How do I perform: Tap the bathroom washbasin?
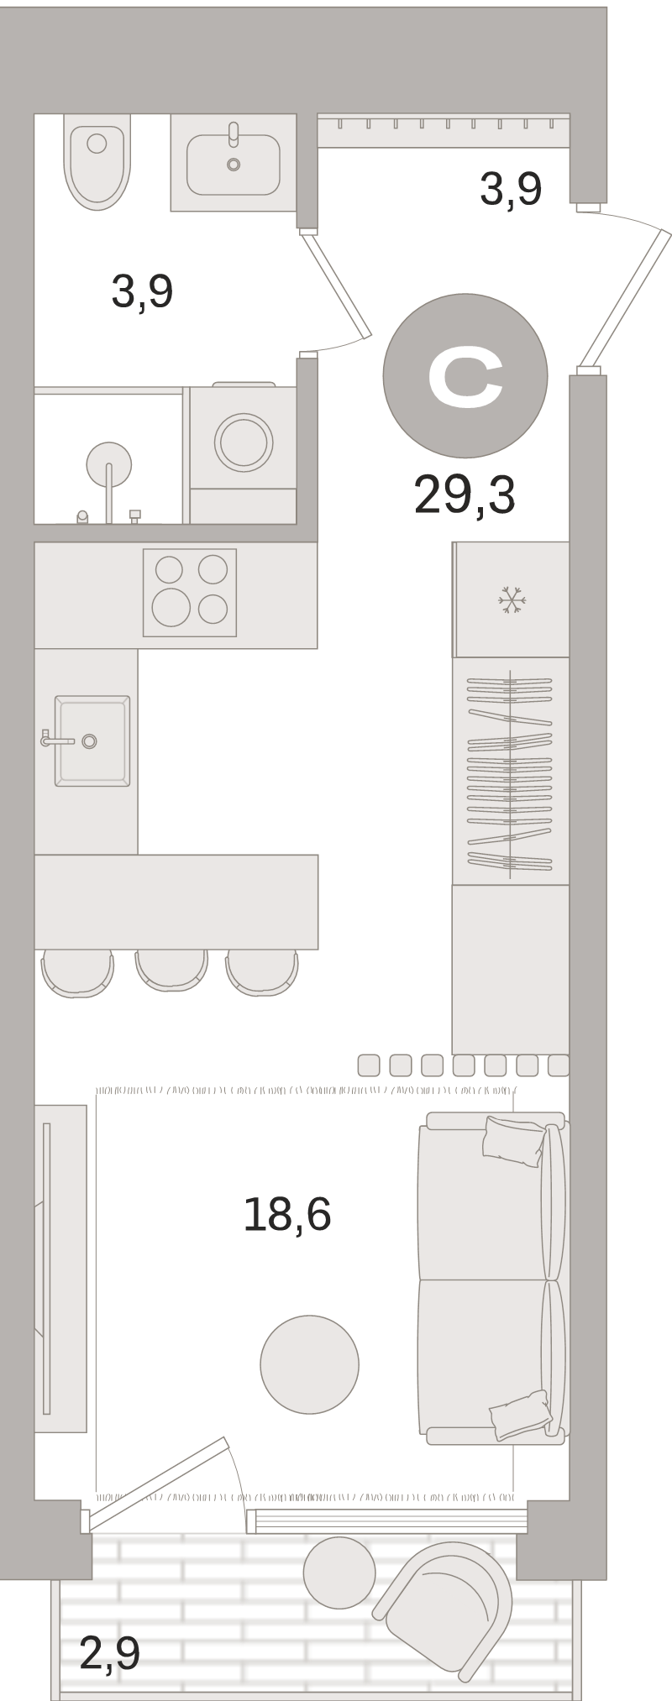[x=234, y=165]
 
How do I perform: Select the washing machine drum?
[x=244, y=442]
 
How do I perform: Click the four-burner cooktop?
[x=190, y=593]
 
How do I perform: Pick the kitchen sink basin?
[x=92, y=741]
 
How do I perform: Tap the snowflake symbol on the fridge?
[x=512, y=600]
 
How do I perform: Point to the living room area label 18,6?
[x=287, y=1214]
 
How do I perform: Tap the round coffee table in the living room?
[x=310, y=1364]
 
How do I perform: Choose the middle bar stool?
[x=171, y=971]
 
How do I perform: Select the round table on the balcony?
[x=339, y=1573]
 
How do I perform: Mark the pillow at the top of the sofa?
[x=513, y=1140]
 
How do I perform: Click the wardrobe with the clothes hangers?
[x=511, y=771]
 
